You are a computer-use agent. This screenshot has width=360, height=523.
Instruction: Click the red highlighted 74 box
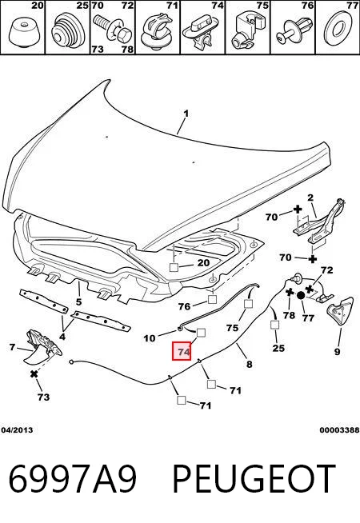[181, 351]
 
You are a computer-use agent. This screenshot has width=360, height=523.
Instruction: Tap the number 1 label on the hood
[186, 114]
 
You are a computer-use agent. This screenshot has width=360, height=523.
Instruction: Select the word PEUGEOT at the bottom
[254, 478]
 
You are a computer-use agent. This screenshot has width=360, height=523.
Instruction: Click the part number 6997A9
[73, 478]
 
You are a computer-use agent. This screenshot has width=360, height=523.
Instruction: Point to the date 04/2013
[17, 430]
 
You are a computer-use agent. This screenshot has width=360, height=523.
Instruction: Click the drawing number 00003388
[339, 430]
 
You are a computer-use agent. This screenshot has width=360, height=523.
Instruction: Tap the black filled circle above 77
[300, 295]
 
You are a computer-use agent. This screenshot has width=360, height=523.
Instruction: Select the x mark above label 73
[34, 374]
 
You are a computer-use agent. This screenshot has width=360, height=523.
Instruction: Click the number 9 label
[338, 352]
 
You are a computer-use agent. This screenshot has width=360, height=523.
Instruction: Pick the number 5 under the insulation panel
[78, 302]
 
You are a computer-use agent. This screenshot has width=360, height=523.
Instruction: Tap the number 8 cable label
[250, 364]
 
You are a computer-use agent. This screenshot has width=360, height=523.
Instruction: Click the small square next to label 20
[174, 267]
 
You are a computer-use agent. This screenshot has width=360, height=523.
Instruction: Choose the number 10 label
[150, 338]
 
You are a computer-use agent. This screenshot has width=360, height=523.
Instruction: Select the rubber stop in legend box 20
[23, 32]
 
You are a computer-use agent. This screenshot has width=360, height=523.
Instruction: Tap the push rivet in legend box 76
[294, 30]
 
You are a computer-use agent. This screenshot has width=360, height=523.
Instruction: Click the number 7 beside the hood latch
[12, 348]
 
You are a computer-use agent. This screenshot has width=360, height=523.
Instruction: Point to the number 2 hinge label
[310, 198]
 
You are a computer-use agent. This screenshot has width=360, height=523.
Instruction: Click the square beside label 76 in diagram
[212, 300]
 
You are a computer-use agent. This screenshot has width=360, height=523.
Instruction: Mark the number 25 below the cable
[278, 348]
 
